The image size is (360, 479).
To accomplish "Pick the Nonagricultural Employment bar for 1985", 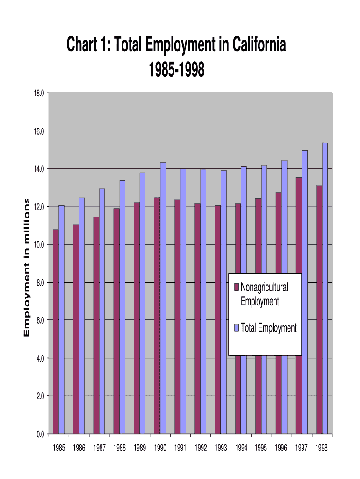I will coord(56,332).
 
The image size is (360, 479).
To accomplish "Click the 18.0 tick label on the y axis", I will coord(39,93).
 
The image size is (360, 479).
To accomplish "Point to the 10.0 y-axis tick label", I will coord(39,245).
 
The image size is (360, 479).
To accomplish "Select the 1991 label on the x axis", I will coord(180,448).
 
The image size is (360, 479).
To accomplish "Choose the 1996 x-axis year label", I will coord(281,448).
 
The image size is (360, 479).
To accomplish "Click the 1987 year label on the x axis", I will coord(99,448).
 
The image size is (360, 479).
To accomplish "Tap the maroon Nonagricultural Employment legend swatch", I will coord(237,287).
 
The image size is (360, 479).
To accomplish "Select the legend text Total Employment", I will coord(268,328).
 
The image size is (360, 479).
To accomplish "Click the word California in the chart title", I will coord(257,46).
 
